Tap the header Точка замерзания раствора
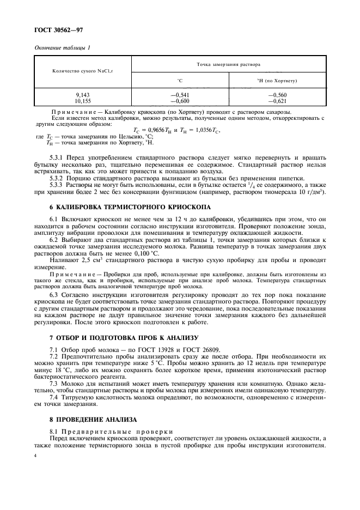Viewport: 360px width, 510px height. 228,64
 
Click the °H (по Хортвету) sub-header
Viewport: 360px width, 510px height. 277,80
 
